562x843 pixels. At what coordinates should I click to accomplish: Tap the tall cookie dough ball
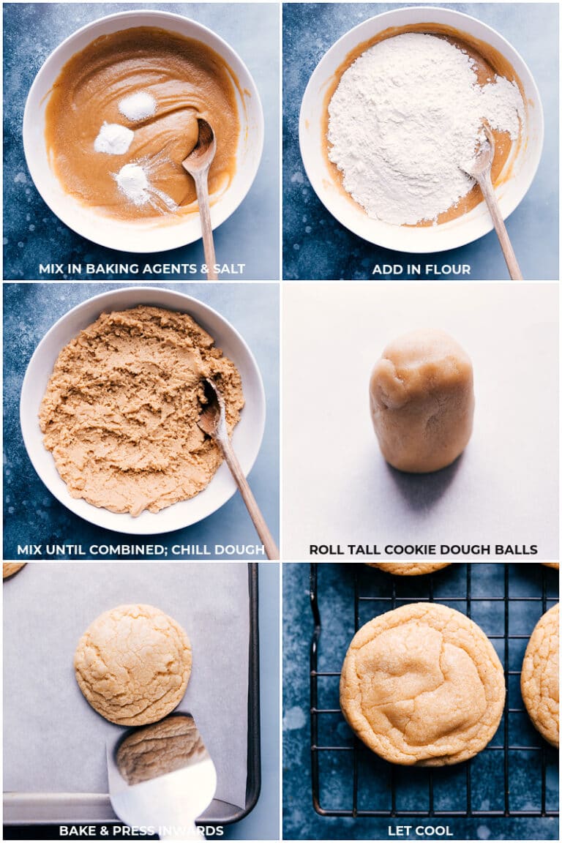click(x=421, y=401)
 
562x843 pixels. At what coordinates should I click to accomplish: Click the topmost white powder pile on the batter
click(x=137, y=106)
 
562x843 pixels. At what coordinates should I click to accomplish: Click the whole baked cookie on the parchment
click(x=132, y=664)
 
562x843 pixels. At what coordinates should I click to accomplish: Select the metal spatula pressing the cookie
click(x=165, y=794)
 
